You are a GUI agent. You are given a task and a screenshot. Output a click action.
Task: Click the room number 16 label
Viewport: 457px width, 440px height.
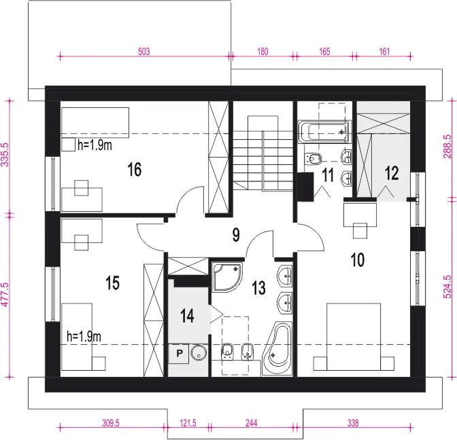tap(135, 169)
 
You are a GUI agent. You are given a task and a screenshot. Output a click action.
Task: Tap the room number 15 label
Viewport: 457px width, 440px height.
tap(112, 283)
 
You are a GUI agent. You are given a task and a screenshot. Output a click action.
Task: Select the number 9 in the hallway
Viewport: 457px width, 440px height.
tap(236, 235)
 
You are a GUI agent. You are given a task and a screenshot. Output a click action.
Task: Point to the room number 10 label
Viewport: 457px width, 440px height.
tap(357, 260)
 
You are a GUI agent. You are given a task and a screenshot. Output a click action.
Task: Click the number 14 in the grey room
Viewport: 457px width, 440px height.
tap(187, 316)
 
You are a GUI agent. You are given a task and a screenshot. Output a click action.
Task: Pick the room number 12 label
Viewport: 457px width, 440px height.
tap(392, 173)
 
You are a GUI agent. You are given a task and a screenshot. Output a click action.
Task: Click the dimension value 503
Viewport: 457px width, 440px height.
tap(144, 52)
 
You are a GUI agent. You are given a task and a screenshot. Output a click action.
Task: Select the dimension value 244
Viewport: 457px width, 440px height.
tap(251, 423)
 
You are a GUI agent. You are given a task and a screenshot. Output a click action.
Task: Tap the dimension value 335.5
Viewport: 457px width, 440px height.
tap(5, 155)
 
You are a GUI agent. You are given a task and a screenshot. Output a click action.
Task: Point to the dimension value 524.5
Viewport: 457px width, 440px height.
tap(447, 287)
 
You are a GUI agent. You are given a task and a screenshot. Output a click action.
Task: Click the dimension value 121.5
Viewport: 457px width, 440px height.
tap(188, 423)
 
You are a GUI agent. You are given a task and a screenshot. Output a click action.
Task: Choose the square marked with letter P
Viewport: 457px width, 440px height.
tap(179, 354)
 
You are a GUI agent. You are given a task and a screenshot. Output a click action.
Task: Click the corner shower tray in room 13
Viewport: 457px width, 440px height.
tap(226, 277)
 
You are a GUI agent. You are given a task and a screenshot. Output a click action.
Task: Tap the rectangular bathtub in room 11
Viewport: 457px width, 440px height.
tap(324, 132)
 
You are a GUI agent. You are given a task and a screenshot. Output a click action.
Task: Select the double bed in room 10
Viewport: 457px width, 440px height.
tap(354, 337)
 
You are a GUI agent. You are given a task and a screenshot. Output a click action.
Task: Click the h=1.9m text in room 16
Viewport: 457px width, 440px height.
tap(95, 145)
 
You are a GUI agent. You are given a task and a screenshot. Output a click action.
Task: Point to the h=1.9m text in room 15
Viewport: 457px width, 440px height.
tap(84, 336)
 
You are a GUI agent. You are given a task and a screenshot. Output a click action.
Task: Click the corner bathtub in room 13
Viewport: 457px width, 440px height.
tap(277, 348)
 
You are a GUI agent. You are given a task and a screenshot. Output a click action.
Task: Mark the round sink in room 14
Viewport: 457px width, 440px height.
tap(199, 352)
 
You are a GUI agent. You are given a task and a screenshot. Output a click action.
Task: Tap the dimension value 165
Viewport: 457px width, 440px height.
tap(324, 52)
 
